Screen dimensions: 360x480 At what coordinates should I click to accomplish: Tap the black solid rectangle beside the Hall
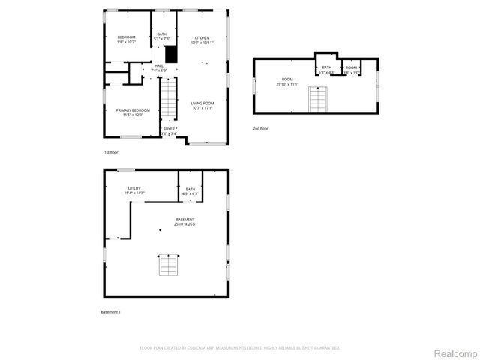[x=170, y=54]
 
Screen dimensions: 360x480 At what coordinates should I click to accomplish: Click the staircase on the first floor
[x=169, y=99]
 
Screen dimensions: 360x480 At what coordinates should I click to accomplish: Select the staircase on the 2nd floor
[x=319, y=99]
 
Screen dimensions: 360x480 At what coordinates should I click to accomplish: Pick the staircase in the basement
[x=169, y=266]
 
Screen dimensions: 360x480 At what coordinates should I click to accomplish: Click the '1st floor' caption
[x=111, y=152]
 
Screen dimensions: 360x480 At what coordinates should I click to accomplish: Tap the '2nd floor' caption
[x=260, y=128]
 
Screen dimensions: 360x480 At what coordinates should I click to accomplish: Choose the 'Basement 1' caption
[x=110, y=311]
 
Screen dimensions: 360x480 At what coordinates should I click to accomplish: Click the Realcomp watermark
[x=457, y=352]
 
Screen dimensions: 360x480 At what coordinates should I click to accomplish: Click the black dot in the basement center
[x=160, y=229]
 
